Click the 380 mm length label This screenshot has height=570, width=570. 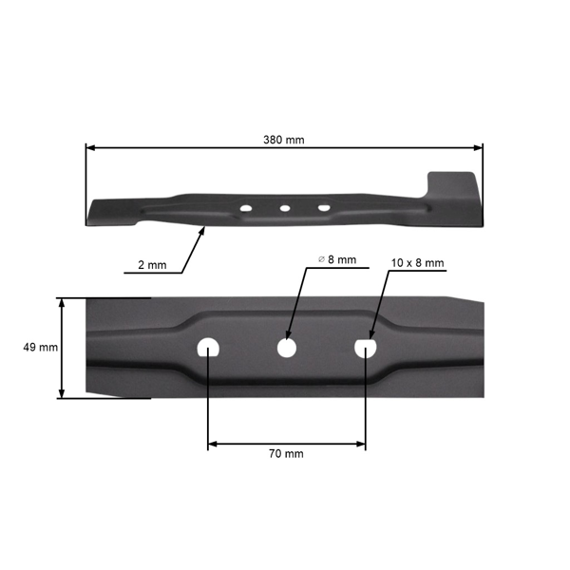tap(283, 140)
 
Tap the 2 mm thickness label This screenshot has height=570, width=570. tap(150, 265)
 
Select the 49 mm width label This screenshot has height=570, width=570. tap(40, 348)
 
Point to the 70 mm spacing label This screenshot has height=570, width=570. tap(286, 454)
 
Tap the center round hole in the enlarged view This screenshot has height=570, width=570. tap(286, 348)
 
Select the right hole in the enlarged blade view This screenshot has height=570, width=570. tap(366, 348)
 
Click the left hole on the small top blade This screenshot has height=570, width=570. tap(246, 207)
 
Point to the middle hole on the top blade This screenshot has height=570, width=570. tap(284, 207)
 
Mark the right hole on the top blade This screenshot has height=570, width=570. tap(324, 206)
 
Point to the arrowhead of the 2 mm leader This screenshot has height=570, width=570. tap(201, 229)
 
